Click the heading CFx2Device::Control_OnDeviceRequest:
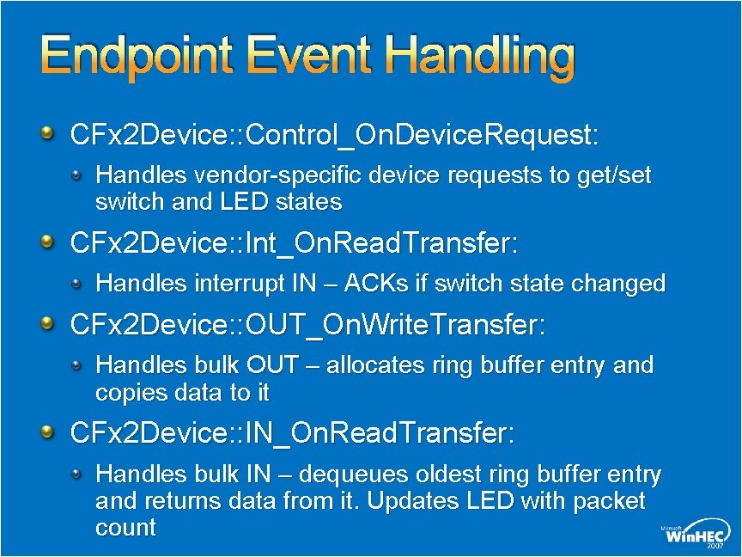(333, 135)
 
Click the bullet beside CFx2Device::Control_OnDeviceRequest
(50, 133)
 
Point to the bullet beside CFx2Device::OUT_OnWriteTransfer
(50, 324)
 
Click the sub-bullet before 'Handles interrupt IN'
(77, 282)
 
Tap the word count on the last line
(125, 528)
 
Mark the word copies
(130, 393)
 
